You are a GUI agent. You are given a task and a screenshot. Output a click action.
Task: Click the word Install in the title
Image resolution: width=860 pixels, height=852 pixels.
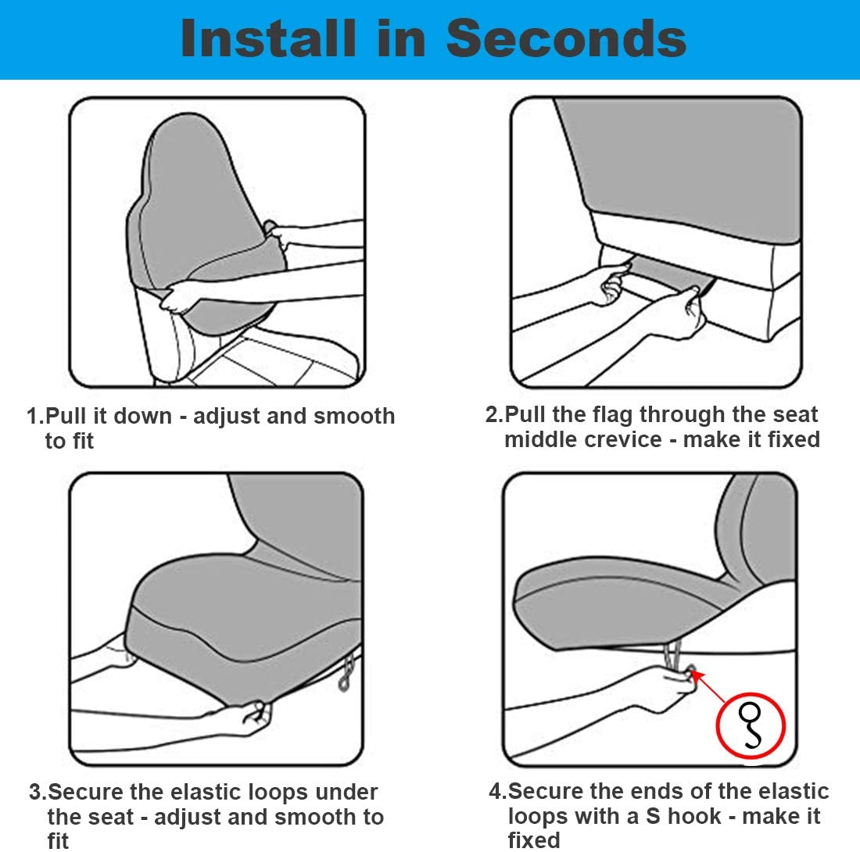tap(267, 38)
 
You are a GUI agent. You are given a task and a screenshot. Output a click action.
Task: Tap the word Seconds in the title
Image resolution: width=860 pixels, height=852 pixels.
tap(566, 38)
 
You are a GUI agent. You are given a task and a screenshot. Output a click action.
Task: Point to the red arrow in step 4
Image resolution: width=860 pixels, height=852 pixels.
tap(708, 686)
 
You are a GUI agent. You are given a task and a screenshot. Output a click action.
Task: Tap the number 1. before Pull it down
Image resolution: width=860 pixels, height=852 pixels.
tap(34, 416)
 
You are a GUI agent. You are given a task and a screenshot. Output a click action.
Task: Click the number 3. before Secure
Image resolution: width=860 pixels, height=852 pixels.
tap(38, 792)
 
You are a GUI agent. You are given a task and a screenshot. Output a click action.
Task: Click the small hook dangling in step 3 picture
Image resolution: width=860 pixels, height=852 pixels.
tap(346, 675)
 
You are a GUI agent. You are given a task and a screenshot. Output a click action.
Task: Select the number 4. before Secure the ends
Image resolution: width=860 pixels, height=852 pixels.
tap(497, 791)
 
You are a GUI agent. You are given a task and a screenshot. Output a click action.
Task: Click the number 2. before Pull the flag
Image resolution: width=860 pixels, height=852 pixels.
tap(494, 414)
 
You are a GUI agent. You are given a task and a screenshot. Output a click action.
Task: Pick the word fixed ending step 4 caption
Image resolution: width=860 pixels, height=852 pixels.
tap(534, 840)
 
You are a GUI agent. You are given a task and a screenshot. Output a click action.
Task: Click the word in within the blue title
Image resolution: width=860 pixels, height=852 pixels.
tap(400, 38)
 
